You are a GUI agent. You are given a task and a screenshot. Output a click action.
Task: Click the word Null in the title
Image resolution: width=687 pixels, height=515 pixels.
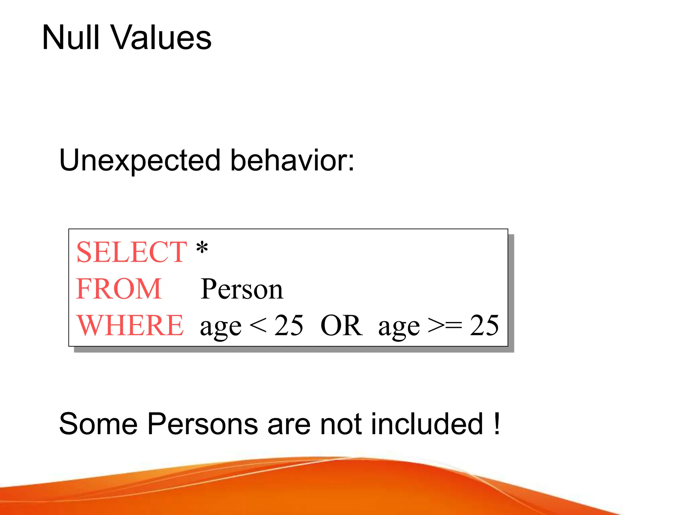coord(71,38)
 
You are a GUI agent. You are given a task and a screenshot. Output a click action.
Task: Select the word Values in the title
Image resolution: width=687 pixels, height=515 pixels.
coord(161,38)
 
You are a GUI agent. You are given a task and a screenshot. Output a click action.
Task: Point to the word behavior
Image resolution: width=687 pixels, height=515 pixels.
coord(292,160)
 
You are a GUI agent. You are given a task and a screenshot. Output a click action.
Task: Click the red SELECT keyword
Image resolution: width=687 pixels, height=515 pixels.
coord(131,252)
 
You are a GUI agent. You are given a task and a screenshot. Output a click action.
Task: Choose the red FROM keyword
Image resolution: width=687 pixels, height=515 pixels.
coord(119,289)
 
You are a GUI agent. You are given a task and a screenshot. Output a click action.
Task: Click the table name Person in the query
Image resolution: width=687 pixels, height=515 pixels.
coord(242,289)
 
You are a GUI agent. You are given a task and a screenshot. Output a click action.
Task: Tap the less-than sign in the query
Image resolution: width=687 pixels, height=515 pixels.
coord(258,325)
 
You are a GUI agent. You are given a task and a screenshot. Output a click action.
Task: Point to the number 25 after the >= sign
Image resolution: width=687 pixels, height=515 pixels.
coord(484,325)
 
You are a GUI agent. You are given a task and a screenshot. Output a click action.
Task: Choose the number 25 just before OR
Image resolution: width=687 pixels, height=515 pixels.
coord(289,325)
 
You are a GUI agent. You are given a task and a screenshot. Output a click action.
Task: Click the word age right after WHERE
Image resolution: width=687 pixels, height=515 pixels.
coord(221,327)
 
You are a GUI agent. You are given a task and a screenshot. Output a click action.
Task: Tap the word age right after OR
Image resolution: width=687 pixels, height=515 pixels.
coord(399,327)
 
